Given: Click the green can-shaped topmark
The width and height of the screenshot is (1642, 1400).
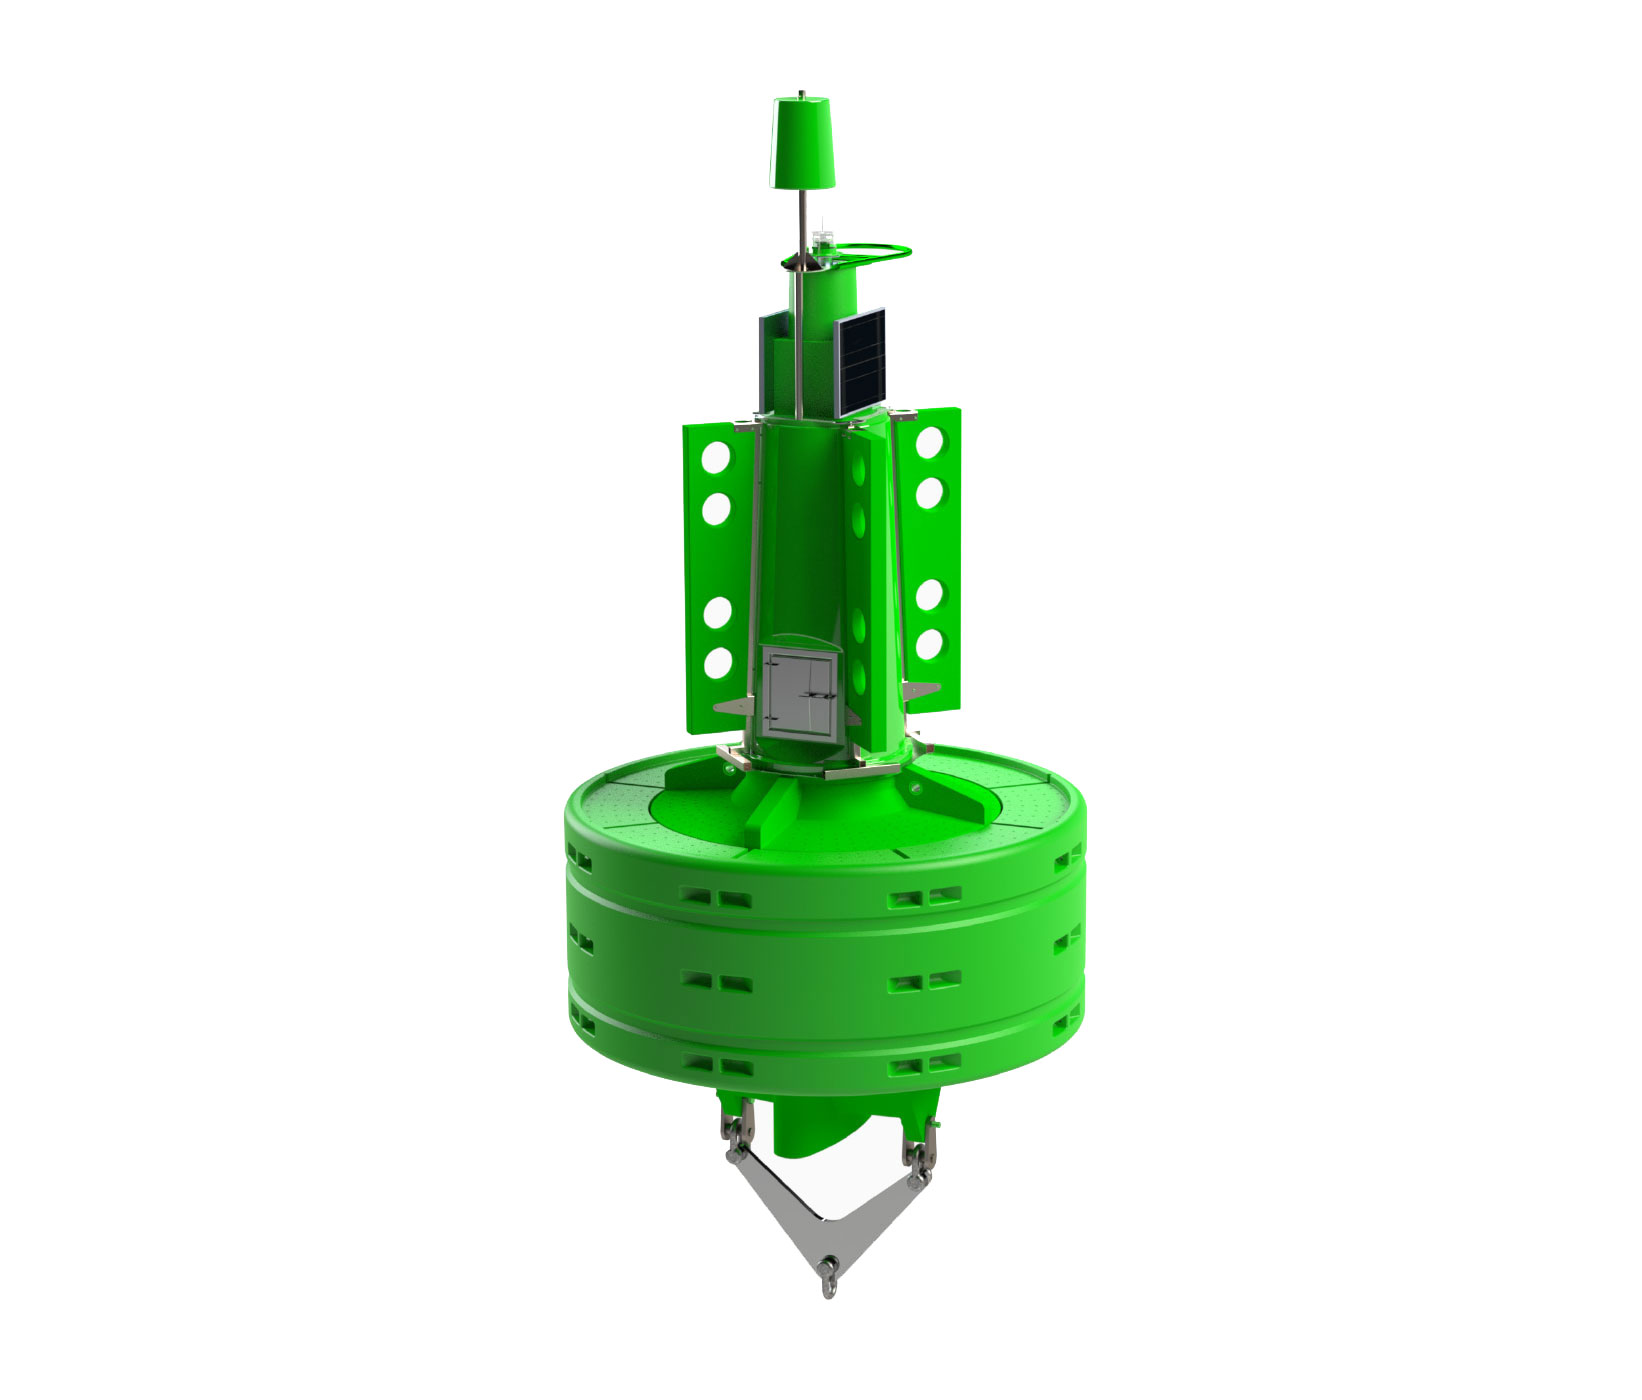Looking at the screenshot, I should coord(806,142).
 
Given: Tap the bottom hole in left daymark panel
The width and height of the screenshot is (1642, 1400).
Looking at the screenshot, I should coord(716,662).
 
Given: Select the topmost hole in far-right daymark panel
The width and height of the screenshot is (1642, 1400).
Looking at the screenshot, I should coord(930,440).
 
